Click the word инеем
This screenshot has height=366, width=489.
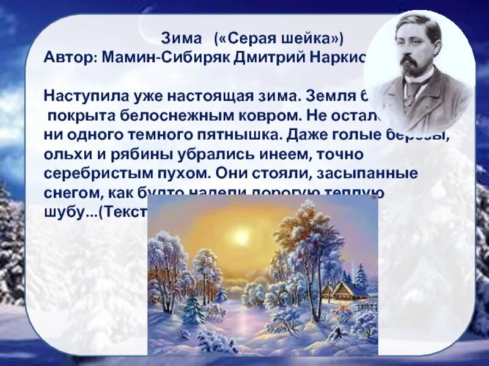[x=249, y=154]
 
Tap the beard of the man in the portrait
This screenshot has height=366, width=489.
[x=408, y=70]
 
